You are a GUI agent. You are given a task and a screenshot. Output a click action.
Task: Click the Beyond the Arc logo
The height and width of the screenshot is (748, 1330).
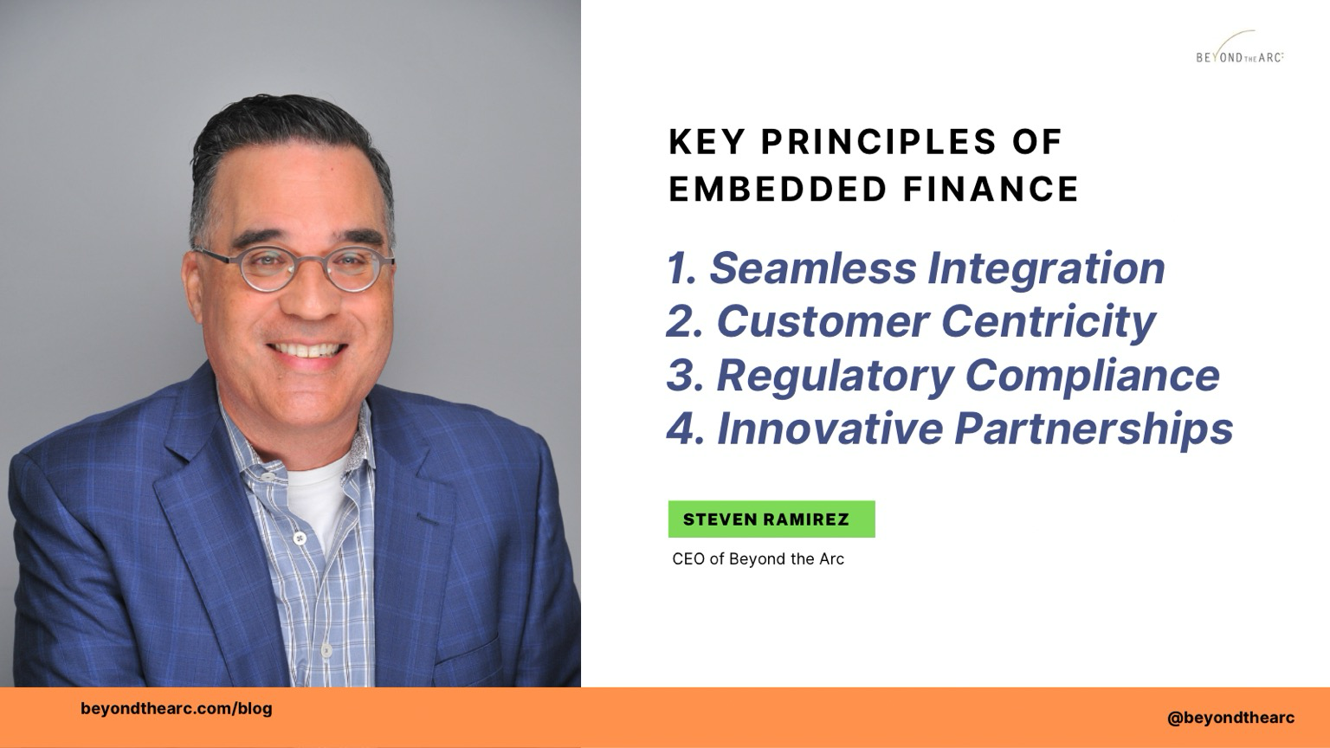[1240, 48]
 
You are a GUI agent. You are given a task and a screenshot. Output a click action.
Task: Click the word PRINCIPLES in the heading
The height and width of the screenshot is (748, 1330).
[878, 143]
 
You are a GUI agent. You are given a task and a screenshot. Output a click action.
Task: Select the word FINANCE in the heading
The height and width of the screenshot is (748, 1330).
[991, 190]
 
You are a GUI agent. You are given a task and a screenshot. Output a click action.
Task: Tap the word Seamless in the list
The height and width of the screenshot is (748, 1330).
[813, 268]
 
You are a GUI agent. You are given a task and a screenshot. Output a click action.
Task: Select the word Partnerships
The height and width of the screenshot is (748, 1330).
[1094, 429]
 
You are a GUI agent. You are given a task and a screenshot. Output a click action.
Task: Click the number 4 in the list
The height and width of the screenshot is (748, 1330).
[679, 428]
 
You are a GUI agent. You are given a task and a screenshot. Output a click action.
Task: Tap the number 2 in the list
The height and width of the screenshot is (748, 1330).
[679, 321]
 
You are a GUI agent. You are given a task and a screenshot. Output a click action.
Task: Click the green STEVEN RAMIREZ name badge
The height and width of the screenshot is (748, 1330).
[772, 519]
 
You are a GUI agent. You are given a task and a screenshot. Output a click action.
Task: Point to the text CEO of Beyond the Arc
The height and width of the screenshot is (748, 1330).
[758, 559]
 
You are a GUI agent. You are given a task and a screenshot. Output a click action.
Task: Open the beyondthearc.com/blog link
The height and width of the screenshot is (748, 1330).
[177, 709]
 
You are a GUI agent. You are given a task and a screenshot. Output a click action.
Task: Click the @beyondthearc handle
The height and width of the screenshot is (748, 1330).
[1230, 719]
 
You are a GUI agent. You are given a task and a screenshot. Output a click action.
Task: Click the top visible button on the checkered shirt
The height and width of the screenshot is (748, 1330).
[269, 477]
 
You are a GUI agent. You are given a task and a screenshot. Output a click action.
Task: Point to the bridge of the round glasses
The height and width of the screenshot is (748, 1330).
[312, 261]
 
